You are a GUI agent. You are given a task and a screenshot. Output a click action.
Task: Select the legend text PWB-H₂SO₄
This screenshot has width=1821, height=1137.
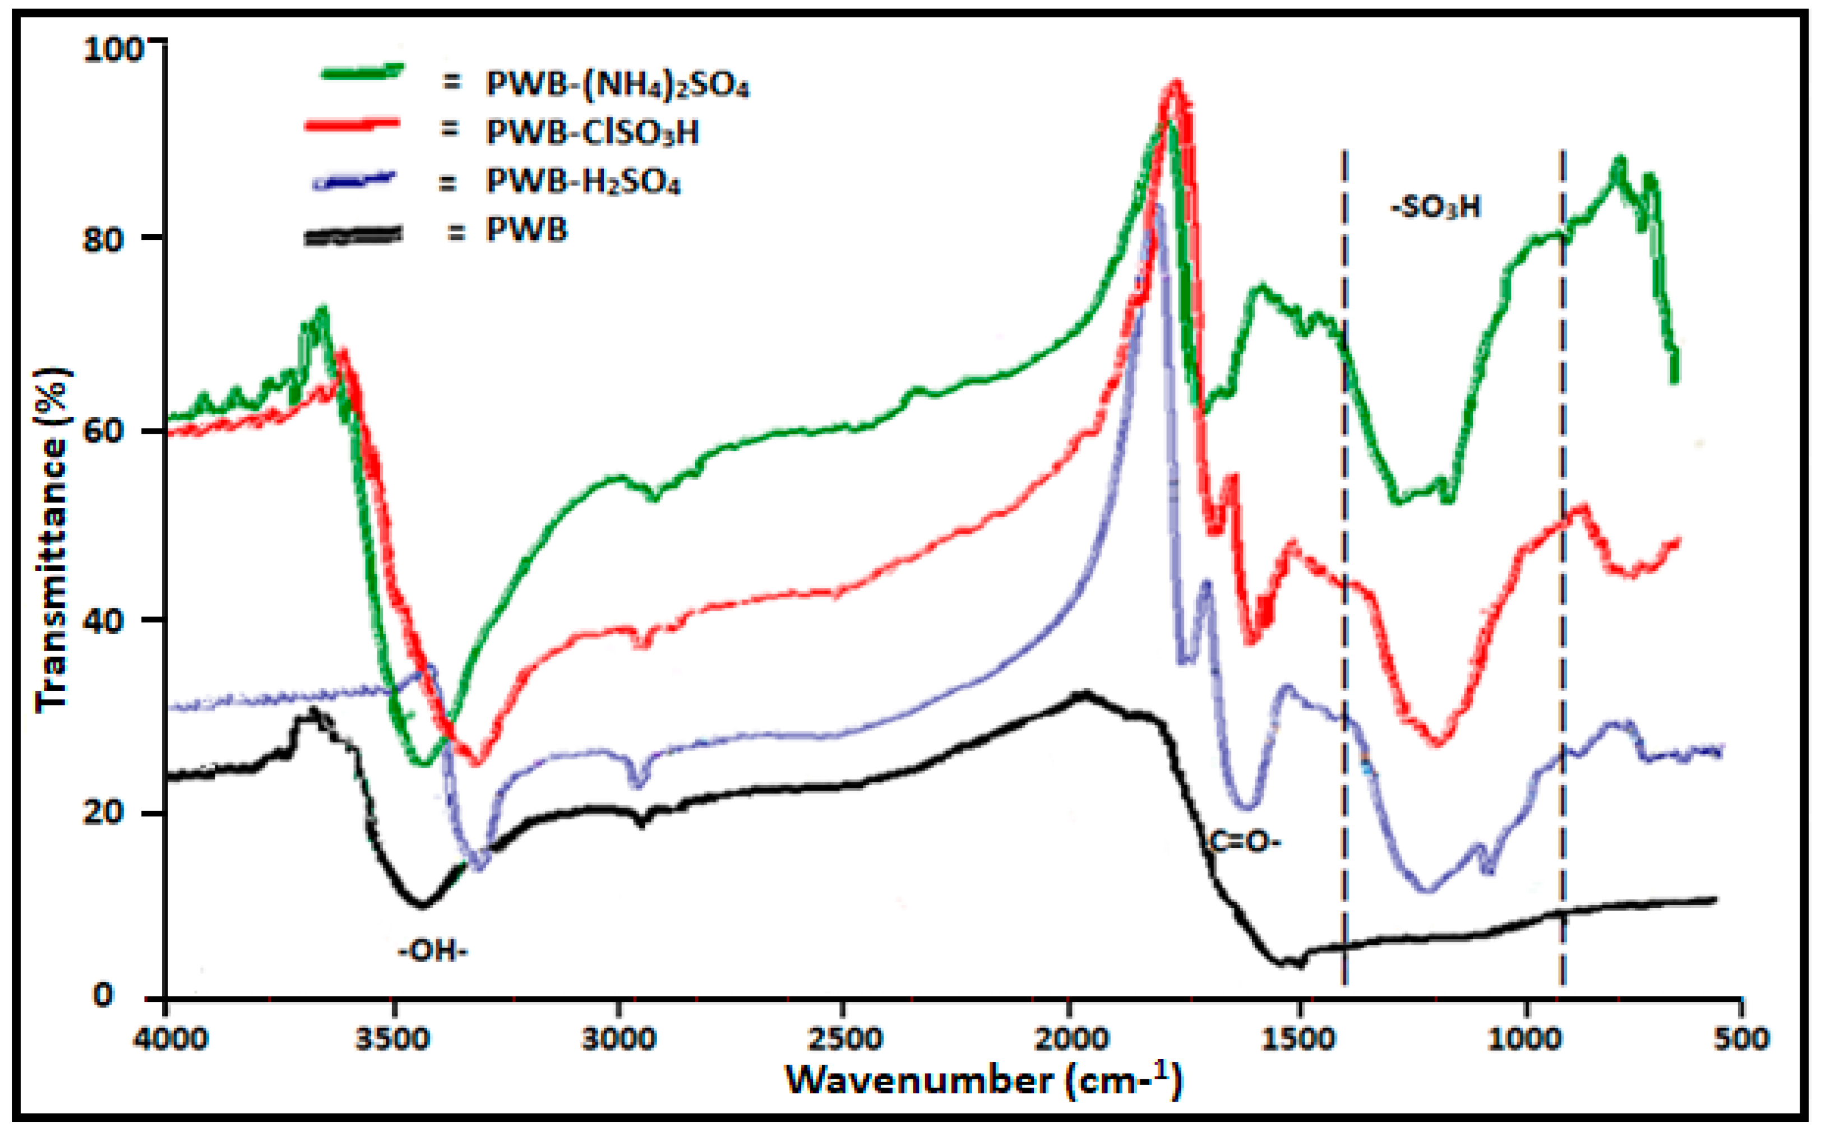tap(583, 182)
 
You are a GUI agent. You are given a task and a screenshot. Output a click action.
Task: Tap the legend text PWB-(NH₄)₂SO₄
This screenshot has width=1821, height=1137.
tap(617, 84)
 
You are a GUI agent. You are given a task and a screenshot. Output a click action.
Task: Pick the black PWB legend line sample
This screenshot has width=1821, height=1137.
tap(353, 235)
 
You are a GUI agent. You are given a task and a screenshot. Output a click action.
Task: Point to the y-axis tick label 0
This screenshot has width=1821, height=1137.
tap(103, 996)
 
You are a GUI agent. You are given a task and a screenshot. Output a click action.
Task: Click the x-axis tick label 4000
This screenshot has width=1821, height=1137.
tap(170, 1039)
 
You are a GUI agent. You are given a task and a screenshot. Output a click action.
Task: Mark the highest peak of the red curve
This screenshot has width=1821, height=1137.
tap(1175, 84)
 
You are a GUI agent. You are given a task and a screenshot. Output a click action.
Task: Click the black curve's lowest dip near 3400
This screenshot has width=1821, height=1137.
tap(423, 904)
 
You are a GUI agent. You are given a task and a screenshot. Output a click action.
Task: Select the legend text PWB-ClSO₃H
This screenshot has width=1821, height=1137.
tap(593, 132)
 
